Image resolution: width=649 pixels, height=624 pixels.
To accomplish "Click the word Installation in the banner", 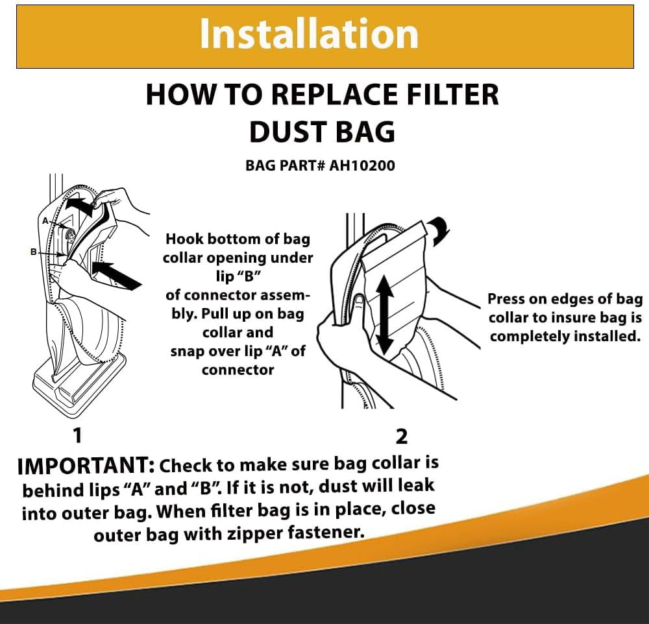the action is pyautogui.click(x=309, y=34).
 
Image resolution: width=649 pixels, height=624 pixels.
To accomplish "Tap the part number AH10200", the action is pyautogui.click(x=362, y=165).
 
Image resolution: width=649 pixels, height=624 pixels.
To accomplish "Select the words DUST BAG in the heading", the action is pyautogui.click(x=322, y=132).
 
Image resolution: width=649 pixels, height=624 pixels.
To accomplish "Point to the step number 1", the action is pyautogui.click(x=77, y=435).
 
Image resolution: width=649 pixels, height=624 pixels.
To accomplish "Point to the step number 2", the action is pyautogui.click(x=402, y=436).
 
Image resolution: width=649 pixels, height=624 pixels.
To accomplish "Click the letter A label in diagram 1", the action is pyautogui.click(x=45, y=221).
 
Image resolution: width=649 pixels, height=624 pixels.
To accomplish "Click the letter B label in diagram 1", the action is pyautogui.click(x=34, y=252).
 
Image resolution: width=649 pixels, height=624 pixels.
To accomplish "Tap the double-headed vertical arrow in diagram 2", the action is pyautogui.click(x=385, y=315).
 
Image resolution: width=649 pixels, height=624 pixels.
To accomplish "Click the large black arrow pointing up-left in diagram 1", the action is pyautogui.click(x=117, y=276).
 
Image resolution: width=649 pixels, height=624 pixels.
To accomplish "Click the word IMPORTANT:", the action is pyautogui.click(x=86, y=466).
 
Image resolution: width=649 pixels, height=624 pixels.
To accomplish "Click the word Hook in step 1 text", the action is pyautogui.click(x=184, y=239).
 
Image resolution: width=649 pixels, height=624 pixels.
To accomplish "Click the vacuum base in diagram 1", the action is pyautogui.click(x=79, y=380).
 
